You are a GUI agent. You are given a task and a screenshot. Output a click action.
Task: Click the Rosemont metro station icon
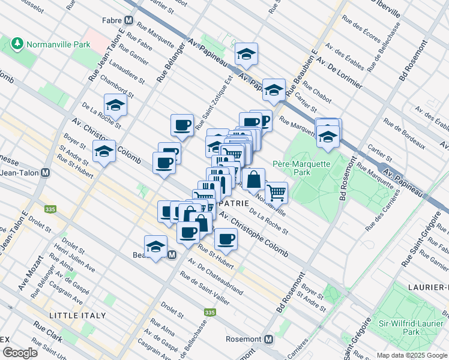268,339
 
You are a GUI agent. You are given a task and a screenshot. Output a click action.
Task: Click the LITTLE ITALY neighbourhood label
77,315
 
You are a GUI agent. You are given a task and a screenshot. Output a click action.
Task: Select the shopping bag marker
253,179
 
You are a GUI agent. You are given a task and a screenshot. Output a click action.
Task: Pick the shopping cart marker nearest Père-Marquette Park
276,193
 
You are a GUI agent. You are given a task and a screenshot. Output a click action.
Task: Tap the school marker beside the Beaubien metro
155,246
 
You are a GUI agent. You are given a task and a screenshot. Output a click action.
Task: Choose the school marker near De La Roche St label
115,105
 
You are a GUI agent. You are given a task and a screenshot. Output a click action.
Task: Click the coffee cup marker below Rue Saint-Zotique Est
182,125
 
